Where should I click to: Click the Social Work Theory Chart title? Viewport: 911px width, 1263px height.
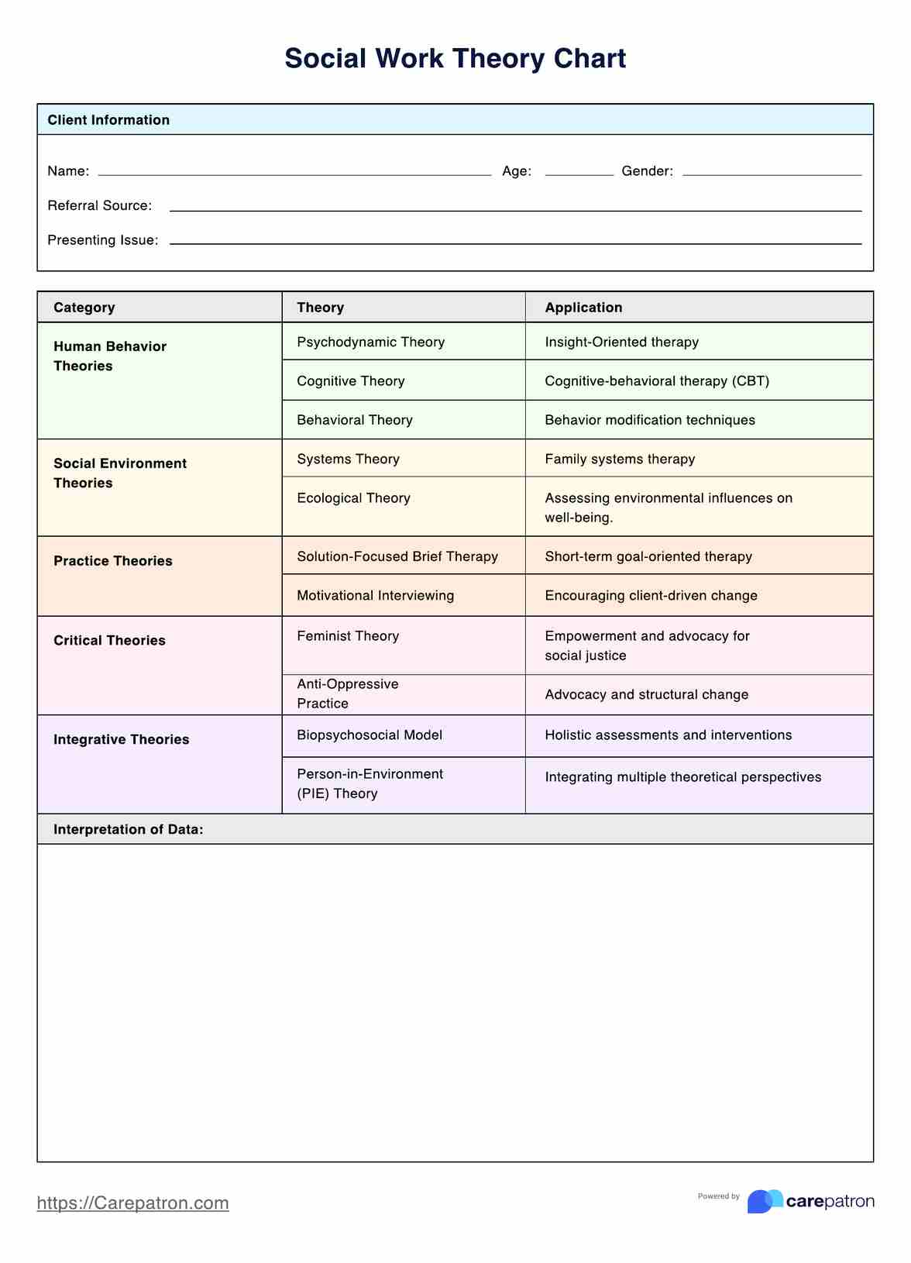[x=455, y=59]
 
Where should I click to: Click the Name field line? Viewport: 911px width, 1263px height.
[x=294, y=174]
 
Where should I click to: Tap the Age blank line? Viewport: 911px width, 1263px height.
[x=579, y=174]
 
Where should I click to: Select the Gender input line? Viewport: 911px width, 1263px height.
[x=772, y=174]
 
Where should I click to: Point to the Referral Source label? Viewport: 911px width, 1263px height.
[x=100, y=205]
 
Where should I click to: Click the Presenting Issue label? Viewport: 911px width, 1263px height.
[x=103, y=240]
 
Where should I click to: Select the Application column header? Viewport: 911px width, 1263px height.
[x=583, y=308]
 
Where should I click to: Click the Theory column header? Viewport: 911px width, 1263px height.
[x=320, y=308]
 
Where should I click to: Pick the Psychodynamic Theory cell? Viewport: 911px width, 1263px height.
[x=370, y=342]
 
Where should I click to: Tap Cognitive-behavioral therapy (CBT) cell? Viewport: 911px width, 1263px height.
[x=657, y=381]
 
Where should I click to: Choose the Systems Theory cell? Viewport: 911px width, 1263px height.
[x=348, y=459]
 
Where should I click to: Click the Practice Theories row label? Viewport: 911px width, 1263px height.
[x=113, y=561]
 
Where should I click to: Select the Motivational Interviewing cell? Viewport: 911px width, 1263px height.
[x=375, y=596]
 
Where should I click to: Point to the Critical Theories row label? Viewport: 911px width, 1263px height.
[x=109, y=641]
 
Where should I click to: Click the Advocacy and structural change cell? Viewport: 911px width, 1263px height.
[x=646, y=695]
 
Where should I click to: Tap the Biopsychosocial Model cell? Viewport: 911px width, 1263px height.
[x=370, y=735]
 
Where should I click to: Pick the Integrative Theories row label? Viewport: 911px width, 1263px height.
[x=121, y=740]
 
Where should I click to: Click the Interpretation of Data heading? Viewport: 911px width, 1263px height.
[x=129, y=830]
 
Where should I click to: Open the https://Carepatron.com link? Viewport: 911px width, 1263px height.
[x=133, y=1203]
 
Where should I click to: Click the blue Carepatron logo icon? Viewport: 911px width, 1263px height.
[x=765, y=1201]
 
